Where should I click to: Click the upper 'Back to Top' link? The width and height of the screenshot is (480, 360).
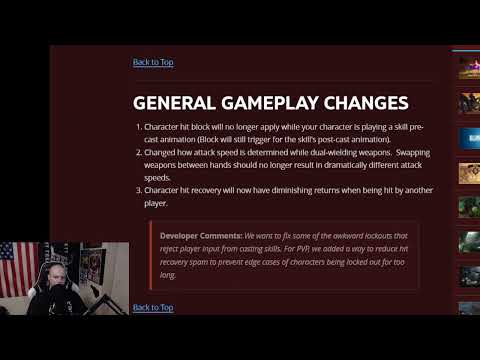tap(153, 62)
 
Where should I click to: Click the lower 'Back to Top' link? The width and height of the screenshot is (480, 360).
tap(153, 308)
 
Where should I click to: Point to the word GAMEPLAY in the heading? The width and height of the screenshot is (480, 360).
tap(270, 103)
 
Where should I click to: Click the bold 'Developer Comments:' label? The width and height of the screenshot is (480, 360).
tap(200, 236)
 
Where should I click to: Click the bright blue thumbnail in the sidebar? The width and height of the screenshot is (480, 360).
tap(469, 135)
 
